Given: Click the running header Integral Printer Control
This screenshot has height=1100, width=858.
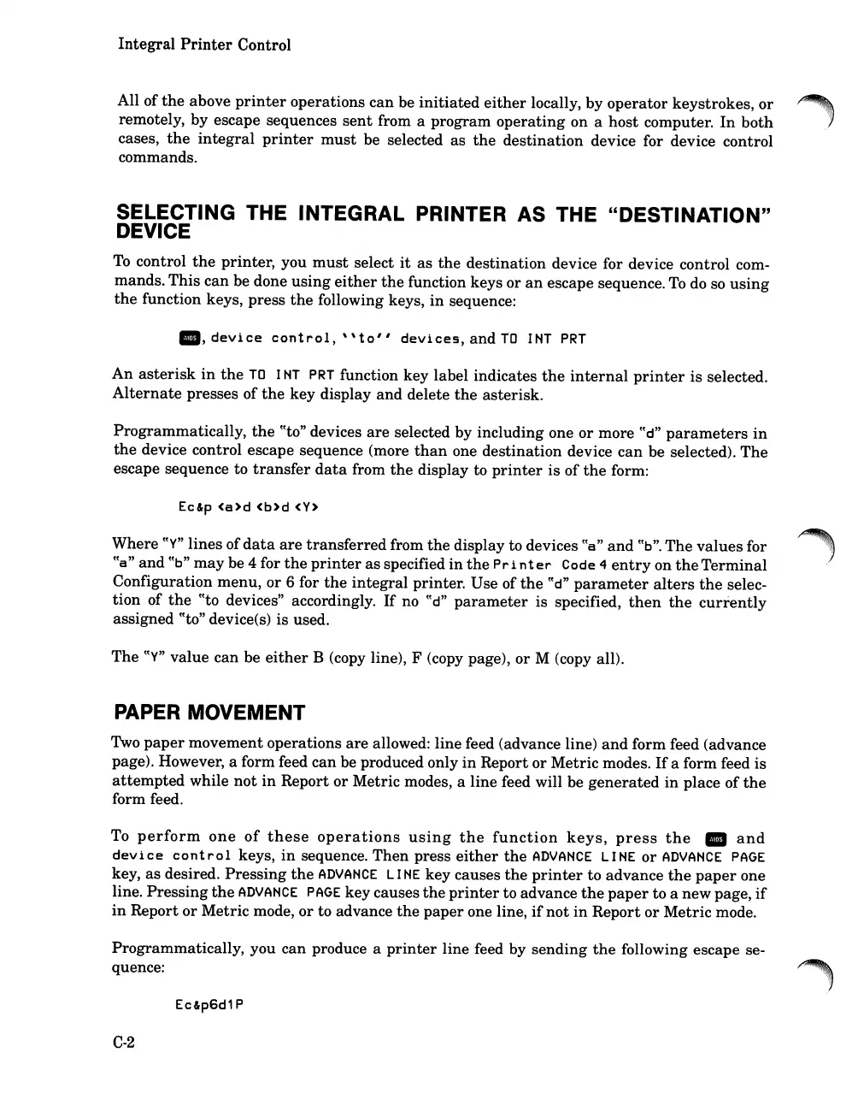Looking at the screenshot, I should coord(204,44).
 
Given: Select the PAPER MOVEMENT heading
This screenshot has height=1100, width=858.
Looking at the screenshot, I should coord(209,713).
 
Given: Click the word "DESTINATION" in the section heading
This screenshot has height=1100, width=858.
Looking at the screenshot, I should coord(694,215).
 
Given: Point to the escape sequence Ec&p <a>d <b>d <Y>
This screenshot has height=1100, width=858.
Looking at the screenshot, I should coord(247,507).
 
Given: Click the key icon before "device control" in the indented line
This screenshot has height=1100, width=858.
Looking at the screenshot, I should coord(189,339).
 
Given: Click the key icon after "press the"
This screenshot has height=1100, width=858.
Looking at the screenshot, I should coord(715,838).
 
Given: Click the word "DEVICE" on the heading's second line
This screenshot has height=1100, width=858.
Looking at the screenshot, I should coord(153,232).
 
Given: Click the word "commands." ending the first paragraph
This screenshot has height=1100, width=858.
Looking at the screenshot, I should coord(157,157).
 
